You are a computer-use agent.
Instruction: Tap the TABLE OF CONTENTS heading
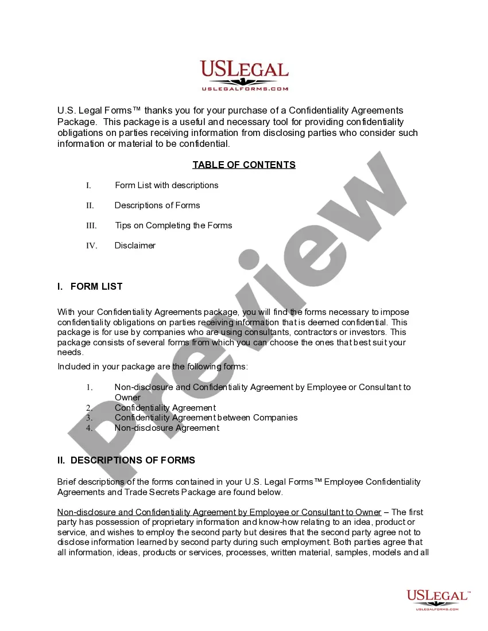[x=244, y=165]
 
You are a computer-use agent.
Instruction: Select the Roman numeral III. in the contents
[x=91, y=225]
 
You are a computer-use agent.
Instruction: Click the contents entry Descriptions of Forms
[x=157, y=205]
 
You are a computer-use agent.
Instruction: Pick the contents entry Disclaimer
[x=135, y=246]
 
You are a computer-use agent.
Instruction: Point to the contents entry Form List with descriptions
[x=166, y=185]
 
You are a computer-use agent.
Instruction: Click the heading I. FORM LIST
[x=90, y=287]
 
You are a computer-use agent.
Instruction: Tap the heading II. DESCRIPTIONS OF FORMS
[x=126, y=460]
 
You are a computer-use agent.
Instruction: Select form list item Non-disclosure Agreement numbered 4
[x=166, y=428]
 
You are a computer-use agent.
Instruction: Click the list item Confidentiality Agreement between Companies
[x=206, y=418]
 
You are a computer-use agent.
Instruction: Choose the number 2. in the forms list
[x=90, y=408]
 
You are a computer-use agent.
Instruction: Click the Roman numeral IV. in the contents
[x=92, y=246]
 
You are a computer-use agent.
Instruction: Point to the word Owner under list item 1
[x=127, y=398]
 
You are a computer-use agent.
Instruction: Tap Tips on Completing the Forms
[x=173, y=225]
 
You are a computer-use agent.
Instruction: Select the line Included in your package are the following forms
[x=153, y=367]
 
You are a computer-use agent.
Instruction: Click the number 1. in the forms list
[x=90, y=388]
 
